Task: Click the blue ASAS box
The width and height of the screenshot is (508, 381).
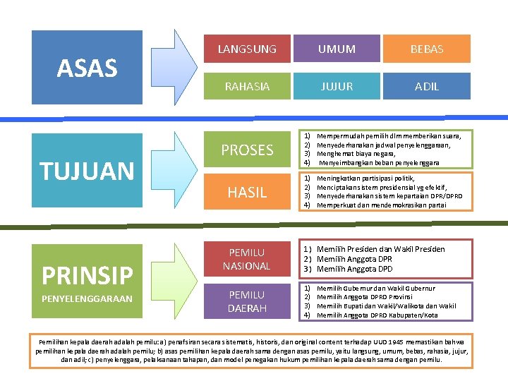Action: point(87,68)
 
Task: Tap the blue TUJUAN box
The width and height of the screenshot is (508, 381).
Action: point(87,171)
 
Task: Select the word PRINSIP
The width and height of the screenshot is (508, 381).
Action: point(87,274)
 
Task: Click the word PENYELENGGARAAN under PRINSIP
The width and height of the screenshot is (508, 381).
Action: point(87,298)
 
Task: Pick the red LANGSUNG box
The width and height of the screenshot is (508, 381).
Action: point(247,49)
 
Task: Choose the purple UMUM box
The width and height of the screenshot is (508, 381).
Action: point(337,49)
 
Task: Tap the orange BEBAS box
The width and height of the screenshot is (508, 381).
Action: point(427,49)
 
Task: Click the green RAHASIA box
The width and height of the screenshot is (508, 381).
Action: point(247,86)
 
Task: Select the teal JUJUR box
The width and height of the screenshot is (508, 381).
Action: point(337,86)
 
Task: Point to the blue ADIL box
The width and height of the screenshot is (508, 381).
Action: point(427,86)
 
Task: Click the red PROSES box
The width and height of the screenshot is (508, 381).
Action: point(247,150)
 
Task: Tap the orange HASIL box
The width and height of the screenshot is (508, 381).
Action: point(247,192)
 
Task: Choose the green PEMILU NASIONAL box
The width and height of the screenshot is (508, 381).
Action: point(247,259)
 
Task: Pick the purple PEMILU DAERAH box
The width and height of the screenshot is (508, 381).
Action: point(247,301)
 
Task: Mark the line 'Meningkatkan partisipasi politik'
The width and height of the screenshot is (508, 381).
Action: point(375,179)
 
